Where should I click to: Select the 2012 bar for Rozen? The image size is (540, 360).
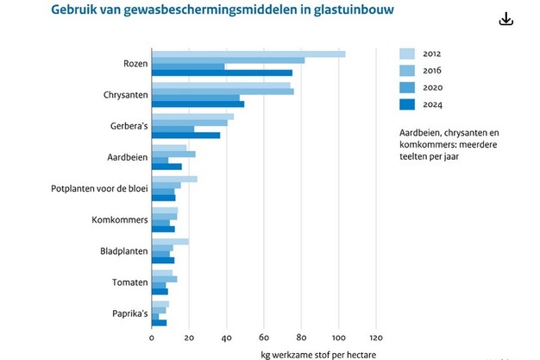[x=248, y=54]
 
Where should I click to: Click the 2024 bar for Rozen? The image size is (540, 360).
[x=222, y=73]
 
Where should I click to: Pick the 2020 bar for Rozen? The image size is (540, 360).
[x=188, y=66]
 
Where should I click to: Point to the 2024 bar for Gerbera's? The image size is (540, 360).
[x=185, y=135]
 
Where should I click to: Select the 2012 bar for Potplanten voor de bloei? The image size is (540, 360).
[x=174, y=179]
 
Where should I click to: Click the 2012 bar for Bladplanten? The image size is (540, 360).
[x=170, y=242]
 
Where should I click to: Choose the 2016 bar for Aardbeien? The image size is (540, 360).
[x=173, y=154]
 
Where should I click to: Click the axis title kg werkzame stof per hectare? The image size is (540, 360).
[x=318, y=353]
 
